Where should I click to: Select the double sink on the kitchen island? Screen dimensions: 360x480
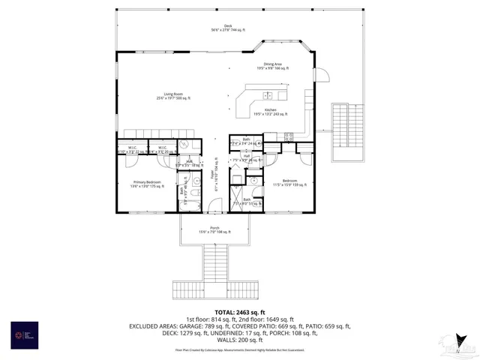click(268, 95)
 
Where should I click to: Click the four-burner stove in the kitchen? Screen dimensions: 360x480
click(289, 136)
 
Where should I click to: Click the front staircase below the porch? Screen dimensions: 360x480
click(214, 262)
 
